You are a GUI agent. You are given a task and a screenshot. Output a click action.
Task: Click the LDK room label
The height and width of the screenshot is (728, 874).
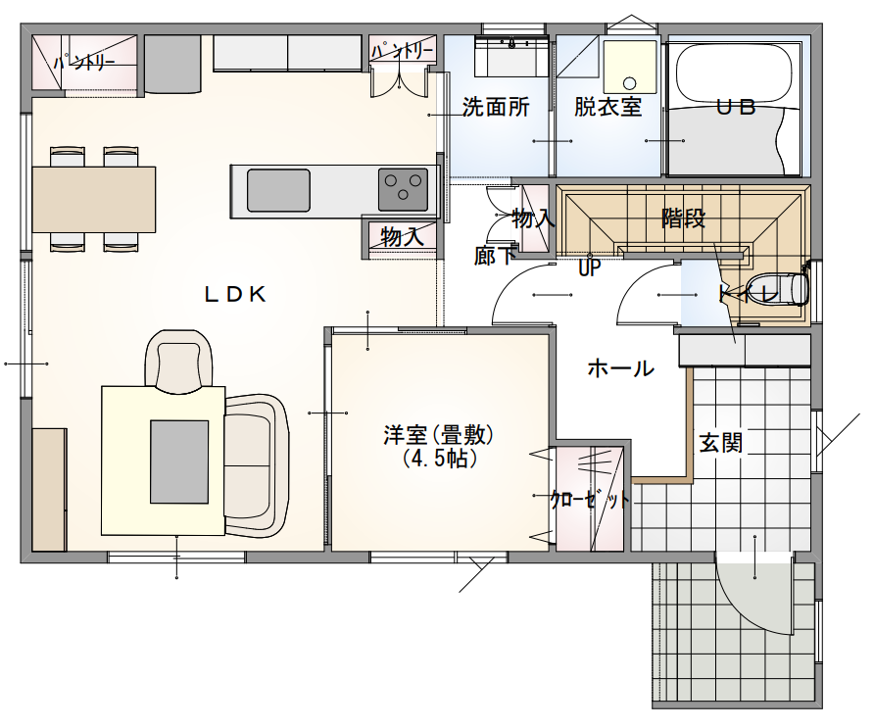(235, 294)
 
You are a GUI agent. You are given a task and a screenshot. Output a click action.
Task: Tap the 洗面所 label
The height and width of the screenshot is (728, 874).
(496, 107)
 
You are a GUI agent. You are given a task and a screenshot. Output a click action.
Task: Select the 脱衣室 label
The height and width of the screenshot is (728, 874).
(607, 107)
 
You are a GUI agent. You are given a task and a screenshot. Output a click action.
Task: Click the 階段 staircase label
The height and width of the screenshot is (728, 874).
(683, 218)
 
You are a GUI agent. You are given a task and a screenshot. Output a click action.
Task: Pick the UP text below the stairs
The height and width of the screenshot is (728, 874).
(589, 267)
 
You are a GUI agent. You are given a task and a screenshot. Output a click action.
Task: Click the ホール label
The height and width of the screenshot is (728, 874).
(620, 369)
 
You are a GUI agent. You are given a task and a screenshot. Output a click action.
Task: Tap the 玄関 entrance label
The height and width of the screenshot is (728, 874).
(720, 443)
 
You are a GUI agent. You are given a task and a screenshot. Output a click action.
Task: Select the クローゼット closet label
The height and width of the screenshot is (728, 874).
(590, 500)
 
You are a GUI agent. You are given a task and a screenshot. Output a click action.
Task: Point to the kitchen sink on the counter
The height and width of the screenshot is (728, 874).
(278, 190)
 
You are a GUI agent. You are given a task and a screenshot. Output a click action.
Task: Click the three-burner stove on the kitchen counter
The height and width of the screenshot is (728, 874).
(403, 189)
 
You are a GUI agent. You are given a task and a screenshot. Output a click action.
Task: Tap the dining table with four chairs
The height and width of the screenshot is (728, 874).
(94, 199)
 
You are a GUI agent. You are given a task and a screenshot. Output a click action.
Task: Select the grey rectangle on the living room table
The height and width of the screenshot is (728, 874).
(179, 461)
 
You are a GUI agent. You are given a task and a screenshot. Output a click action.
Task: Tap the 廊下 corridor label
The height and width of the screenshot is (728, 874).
(495, 257)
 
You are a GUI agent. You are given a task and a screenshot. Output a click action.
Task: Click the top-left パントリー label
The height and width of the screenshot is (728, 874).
(84, 64)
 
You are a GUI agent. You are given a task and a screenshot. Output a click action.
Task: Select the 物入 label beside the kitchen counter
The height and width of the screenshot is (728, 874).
(402, 236)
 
